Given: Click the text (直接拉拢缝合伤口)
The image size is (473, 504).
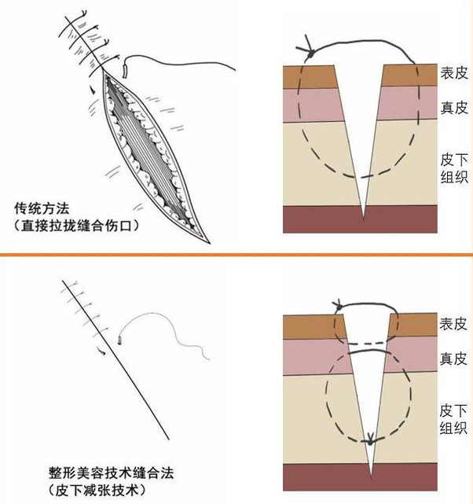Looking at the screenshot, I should (x=76, y=226).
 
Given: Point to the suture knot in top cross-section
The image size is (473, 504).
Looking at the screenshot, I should (x=310, y=53).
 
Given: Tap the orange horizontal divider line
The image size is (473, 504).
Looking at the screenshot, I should (x=236, y=255).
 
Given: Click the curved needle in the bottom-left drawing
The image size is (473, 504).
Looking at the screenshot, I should (x=119, y=339).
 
